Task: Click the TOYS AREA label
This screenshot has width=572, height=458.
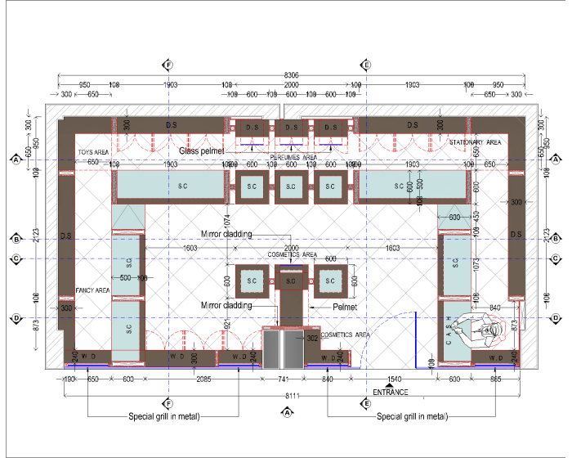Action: tap(94, 152)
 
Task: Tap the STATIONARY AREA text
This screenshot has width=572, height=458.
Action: tap(475, 142)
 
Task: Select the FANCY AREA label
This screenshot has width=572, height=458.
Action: tap(92, 290)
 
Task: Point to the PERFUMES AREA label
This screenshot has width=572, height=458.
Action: tap(293, 157)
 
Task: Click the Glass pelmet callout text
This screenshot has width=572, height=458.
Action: tap(201, 151)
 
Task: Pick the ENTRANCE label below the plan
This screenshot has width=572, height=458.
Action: tap(390, 393)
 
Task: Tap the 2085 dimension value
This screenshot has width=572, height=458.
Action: tap(201, 379)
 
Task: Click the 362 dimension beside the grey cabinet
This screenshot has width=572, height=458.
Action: tap(311, 338)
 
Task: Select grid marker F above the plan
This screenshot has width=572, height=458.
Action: tap(168, 65)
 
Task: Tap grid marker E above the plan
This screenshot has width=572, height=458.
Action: tap(367, 65)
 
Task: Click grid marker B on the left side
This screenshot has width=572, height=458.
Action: tap(15, 239)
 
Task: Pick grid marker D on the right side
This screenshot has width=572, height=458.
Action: tap(556, 318)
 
